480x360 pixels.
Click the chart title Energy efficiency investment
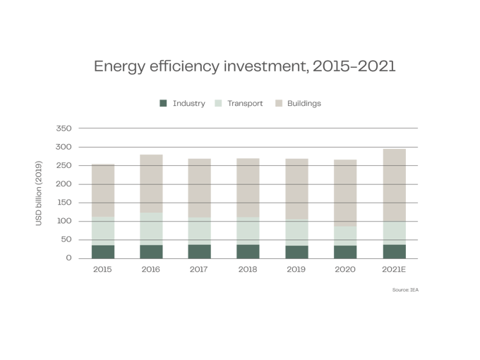click(x=244, y=67)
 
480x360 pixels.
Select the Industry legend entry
click(x=188, y=103)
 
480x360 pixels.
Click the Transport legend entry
click(x=245, y=103)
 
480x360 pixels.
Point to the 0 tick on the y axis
click(x=68, y=258)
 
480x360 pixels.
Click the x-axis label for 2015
click(x=102, y=269)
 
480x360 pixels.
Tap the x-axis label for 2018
click(x=248, y=269)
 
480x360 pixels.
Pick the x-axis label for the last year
click(x=394, y=269)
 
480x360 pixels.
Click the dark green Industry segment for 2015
click(x=102, y=251)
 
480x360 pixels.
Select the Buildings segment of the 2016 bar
click(x=151, y=183)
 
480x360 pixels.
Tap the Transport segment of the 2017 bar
click(x=200, y=231)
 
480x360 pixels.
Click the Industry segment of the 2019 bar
click(x=297, y=251)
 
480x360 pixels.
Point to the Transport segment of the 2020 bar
click(x=345, y=236)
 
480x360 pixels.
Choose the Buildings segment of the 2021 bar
click(x=394, y=184)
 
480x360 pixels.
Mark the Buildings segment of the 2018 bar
click(x=248, y=187)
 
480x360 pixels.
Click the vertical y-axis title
click(x=39, y=193)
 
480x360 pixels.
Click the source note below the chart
click(x=406, y=289)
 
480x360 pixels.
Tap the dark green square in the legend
click(x=164, y=103)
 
